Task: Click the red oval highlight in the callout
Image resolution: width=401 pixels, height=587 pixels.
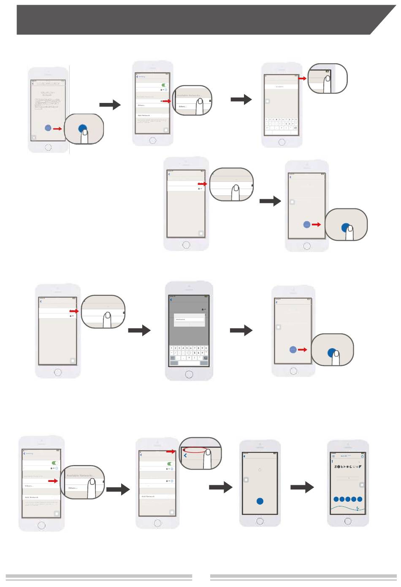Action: pos(195,450)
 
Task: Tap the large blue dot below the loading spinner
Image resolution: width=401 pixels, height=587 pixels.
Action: pos(260,501)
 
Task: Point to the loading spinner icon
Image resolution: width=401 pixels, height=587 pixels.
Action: pos(260,469)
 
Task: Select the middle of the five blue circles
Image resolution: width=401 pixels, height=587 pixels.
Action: pos(348,499)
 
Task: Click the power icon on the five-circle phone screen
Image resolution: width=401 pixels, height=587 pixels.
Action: pos(362,457)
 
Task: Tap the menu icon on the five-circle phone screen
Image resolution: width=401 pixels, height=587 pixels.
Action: pos(333,456)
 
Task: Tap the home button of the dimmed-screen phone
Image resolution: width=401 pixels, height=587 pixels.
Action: pos(189,374)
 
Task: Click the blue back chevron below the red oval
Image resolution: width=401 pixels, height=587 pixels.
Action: pos(185,456)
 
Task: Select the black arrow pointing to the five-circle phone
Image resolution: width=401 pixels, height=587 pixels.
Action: pos(302,487)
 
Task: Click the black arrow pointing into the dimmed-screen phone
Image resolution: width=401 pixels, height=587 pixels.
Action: pos(139,330)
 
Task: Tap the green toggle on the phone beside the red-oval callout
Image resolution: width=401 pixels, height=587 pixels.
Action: pos(170,464)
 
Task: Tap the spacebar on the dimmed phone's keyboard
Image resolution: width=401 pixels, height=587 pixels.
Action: pos(189,363)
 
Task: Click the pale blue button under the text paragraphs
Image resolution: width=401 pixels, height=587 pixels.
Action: pos(48,128)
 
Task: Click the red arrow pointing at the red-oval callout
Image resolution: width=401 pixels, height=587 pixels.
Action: pos(171,452)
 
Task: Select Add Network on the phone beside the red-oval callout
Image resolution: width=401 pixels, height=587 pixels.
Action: pos(148,497)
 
